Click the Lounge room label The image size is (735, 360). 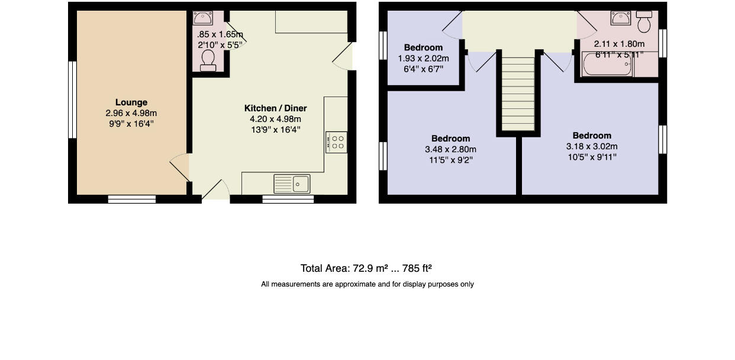[131, 102]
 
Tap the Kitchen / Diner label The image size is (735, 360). [275, 108]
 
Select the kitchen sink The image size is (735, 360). [291, 184]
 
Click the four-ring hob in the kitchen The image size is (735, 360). [336, 142]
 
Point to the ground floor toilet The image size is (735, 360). [208, 60]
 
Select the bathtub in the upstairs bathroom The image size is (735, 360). [607, 65]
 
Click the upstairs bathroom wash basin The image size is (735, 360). [620, 18]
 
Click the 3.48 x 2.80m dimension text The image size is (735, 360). [450, 149]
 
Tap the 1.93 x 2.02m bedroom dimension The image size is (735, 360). [423, 59]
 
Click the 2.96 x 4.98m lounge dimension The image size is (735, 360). [131, 113]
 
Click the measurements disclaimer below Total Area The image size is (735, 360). [367, 284]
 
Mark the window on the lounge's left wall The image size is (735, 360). [72, 99]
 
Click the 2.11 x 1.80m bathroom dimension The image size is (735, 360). [619, 44]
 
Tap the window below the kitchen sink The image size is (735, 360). [288, 199]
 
